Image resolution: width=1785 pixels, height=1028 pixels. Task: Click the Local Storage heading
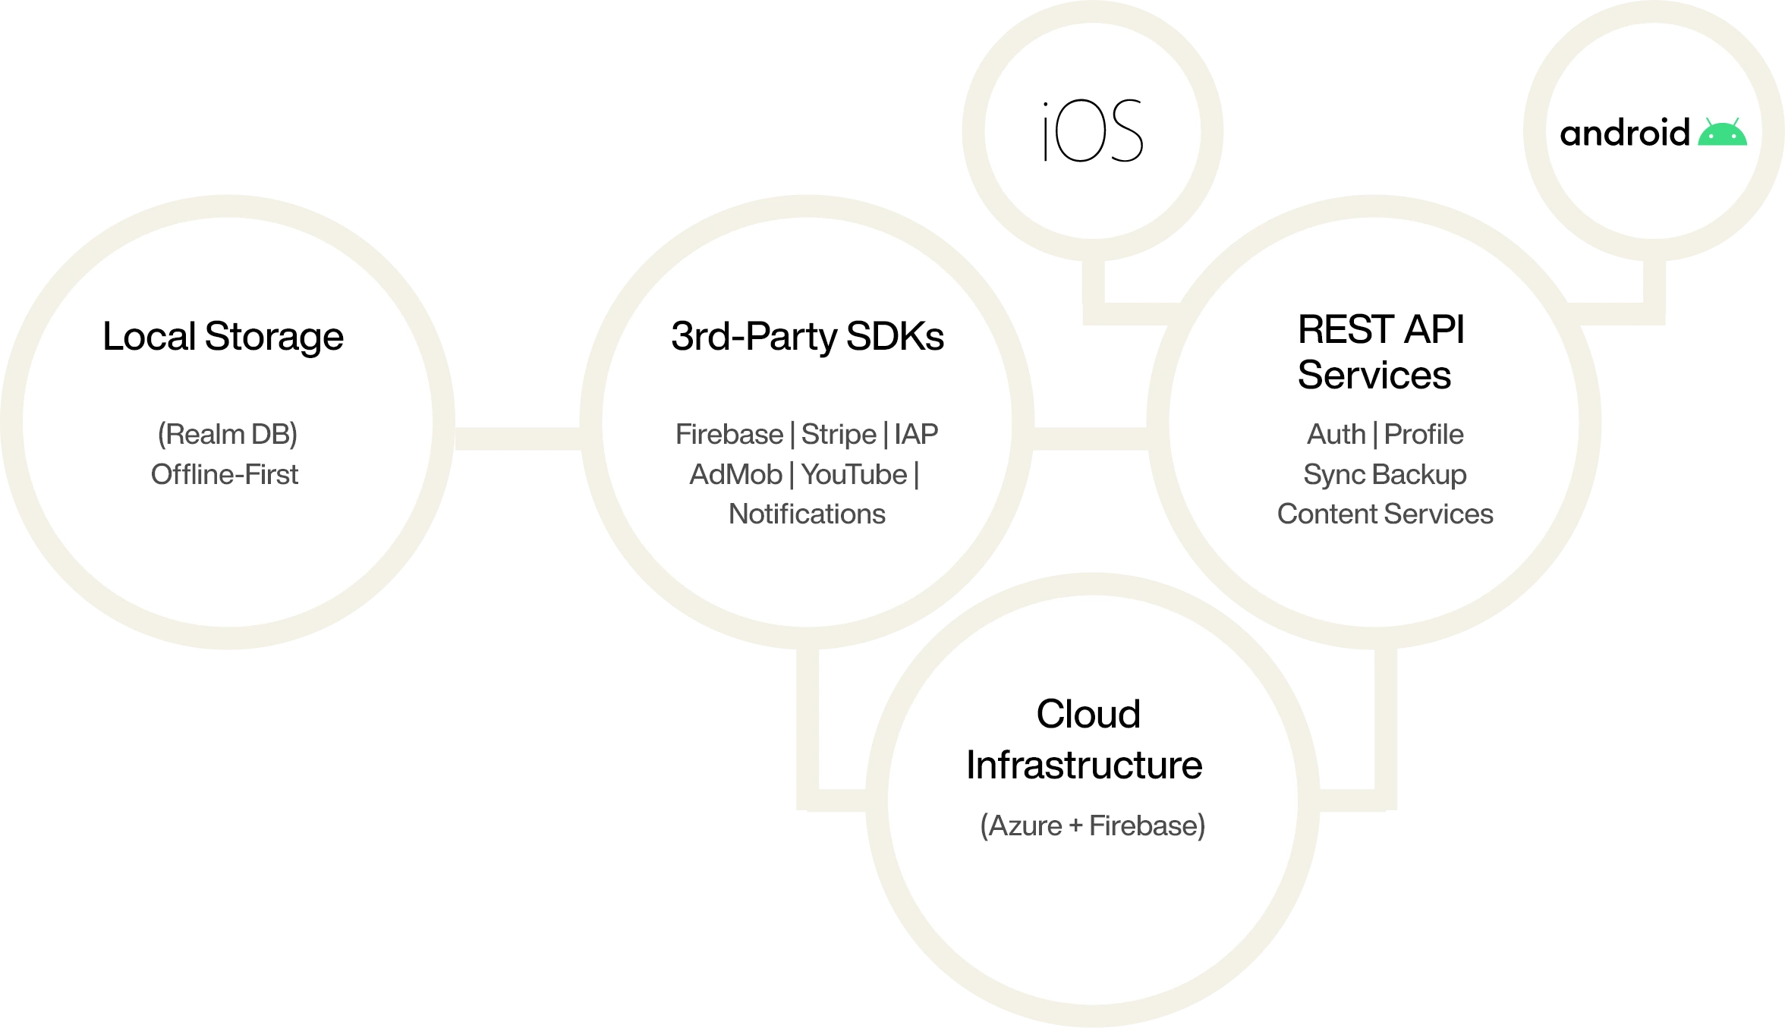click(223, 337)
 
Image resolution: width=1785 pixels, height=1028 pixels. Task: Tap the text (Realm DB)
click(227, 435)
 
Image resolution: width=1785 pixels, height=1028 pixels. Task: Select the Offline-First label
click(225, 475)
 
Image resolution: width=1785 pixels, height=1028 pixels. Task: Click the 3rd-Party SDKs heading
click(807, 337)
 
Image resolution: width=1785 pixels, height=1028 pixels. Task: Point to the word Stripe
click(839, 435)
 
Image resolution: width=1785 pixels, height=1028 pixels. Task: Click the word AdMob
click(735, 475)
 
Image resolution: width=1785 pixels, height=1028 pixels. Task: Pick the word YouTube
click(854, 475)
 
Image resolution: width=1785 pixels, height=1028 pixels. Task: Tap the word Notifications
click(807, 514)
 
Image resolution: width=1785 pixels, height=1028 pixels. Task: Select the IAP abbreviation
click(916, 435)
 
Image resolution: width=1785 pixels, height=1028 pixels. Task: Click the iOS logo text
click(1093, 133)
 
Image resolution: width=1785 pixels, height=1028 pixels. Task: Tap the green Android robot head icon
click(1722, 133)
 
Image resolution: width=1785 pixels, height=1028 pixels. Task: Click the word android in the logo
click(1624, 134)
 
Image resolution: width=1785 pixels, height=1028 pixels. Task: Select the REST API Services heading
click(1380, 352)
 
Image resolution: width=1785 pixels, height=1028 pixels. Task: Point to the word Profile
click(1424, 435)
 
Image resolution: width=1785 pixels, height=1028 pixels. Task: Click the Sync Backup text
click(1384, 475)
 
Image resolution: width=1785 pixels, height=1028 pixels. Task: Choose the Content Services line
click(1384, 514)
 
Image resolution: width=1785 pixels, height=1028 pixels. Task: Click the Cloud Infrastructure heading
click(1086, 739)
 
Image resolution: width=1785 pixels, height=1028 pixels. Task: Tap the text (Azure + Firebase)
click(1092, 826)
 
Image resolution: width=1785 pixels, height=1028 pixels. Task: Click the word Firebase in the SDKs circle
click(729, 435)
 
